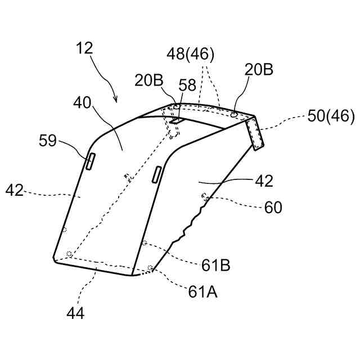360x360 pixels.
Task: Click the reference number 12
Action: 85,49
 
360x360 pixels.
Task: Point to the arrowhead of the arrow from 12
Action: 116,101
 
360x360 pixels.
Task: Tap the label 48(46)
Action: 190,55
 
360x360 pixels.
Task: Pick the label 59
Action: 48,140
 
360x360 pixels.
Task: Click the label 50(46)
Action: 331,117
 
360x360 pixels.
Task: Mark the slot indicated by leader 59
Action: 90,161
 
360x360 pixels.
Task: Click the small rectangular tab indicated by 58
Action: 175,119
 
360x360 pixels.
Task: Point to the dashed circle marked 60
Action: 205,196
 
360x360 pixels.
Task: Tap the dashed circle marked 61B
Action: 145,243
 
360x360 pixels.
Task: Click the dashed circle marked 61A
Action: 150,268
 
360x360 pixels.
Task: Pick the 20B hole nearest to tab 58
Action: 177,106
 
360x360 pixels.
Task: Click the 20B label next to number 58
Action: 148,80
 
